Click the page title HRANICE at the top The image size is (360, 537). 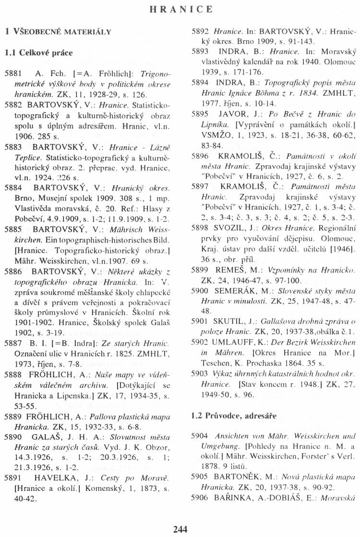pyautogui.click(x=180, y=9)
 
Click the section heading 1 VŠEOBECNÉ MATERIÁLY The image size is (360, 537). pyautogui.click(x=58, y=32)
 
